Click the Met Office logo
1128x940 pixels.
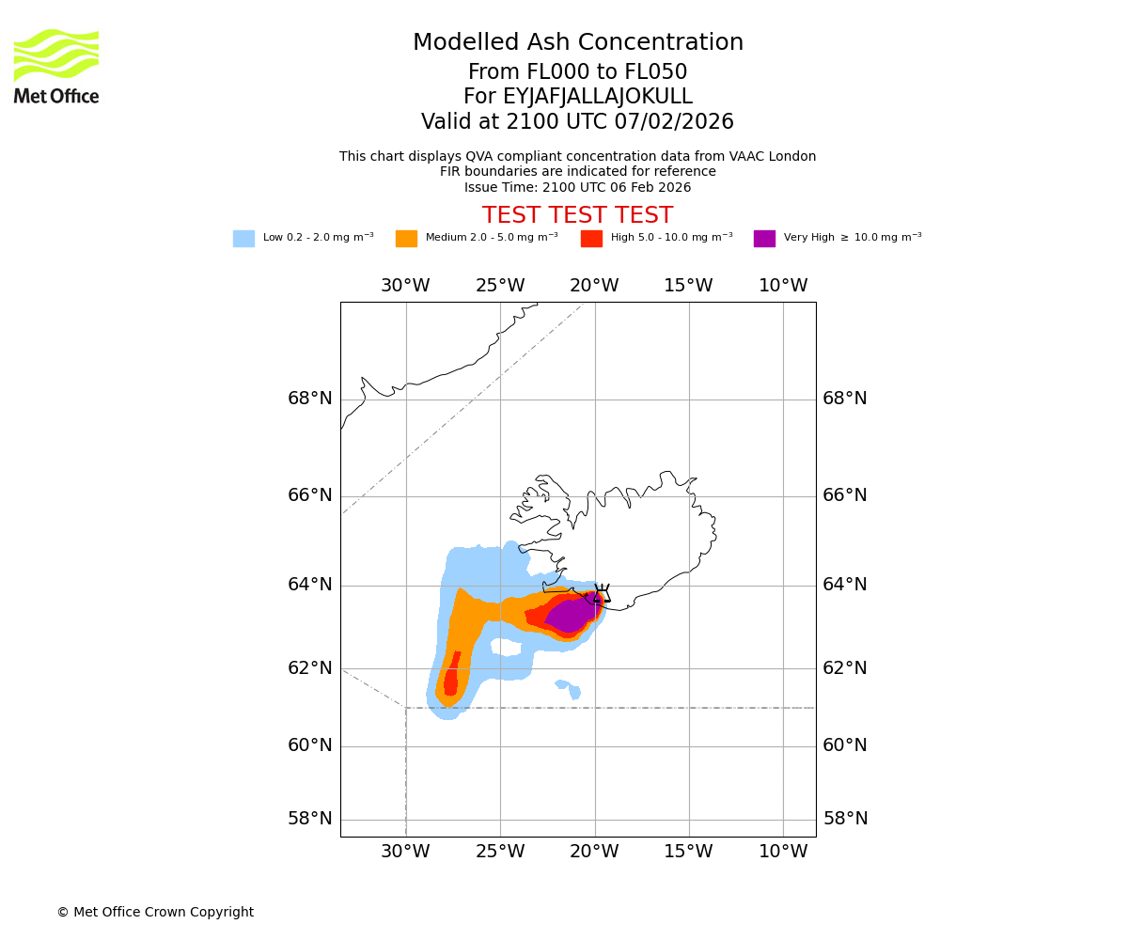56,66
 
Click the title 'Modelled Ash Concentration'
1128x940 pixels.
578,43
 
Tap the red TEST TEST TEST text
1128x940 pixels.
577,216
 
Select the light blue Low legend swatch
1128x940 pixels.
243,239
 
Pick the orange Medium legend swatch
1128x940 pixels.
406,239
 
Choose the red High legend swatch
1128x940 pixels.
591,239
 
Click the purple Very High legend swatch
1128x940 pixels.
764,239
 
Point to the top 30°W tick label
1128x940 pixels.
405,286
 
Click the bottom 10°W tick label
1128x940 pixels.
783,852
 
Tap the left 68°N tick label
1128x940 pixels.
310,399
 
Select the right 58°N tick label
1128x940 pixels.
845,819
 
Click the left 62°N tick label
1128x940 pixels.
310,668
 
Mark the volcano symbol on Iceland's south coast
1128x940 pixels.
600,593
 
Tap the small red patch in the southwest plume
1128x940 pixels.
451,677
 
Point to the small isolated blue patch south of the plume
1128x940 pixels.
570,690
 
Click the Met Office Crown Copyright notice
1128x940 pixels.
155,913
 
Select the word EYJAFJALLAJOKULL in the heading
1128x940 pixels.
598,97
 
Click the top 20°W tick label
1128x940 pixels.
594,286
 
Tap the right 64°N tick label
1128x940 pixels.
845,585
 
